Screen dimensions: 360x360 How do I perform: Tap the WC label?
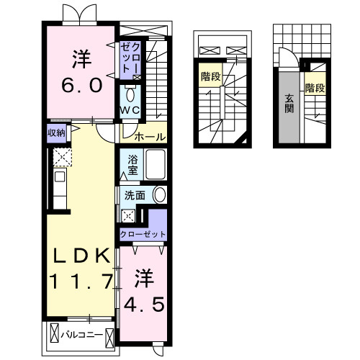(130, 109)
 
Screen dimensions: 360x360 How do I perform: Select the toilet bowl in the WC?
(130, 94)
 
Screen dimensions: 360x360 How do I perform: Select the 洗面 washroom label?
(135, 194)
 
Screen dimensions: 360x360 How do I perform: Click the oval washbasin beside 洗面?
(159, 194)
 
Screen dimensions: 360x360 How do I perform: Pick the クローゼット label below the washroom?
(143, 234)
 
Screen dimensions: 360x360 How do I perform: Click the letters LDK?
(80, 256)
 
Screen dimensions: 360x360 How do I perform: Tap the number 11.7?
(80, 280)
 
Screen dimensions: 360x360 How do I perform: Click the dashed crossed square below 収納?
(59, 156)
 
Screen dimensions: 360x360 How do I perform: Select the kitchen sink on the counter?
(60, 176)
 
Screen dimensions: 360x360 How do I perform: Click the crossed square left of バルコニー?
(54, 335)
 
